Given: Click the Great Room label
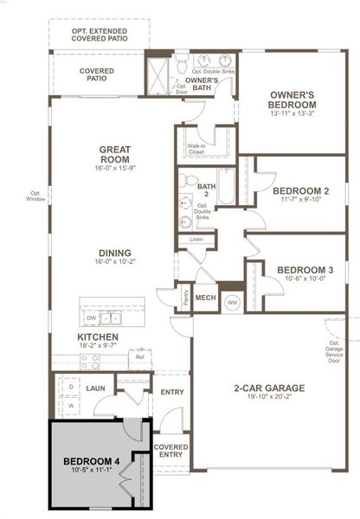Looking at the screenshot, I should click(x=114, y=155).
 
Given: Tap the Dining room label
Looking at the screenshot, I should click(x=114, y=253).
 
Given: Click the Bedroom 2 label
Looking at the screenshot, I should click(x=300, y=191).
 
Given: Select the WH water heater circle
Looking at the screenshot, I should click(x=232, y=302).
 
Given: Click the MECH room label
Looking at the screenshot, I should click(x=205, y=298).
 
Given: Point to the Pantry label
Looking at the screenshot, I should click(x=185, y=298).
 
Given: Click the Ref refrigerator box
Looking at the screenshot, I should click(x=139, y=356).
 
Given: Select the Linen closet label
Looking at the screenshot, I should click(x=196, y=239).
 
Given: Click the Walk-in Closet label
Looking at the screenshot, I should click(x=196, y=149).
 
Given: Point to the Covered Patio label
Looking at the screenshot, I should click(x=96, y=74).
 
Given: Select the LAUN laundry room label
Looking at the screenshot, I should click(x=95, y=388).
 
